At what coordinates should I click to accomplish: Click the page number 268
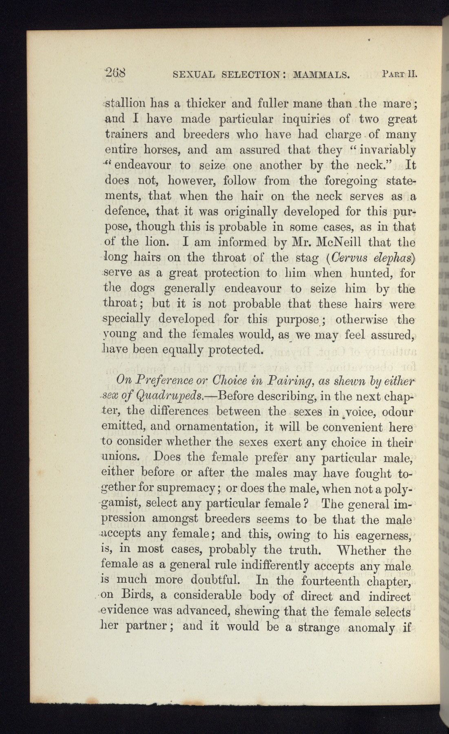(x=115, y=73)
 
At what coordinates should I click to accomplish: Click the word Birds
(x=137, y=596)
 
